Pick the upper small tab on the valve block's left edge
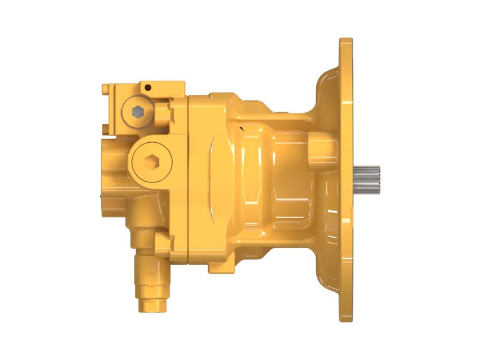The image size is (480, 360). pos(106,89)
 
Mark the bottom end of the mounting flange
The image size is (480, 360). pos(346,316)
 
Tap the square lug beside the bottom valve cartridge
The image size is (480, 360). pos(164,244)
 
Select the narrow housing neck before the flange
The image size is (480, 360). pos(288,180)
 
